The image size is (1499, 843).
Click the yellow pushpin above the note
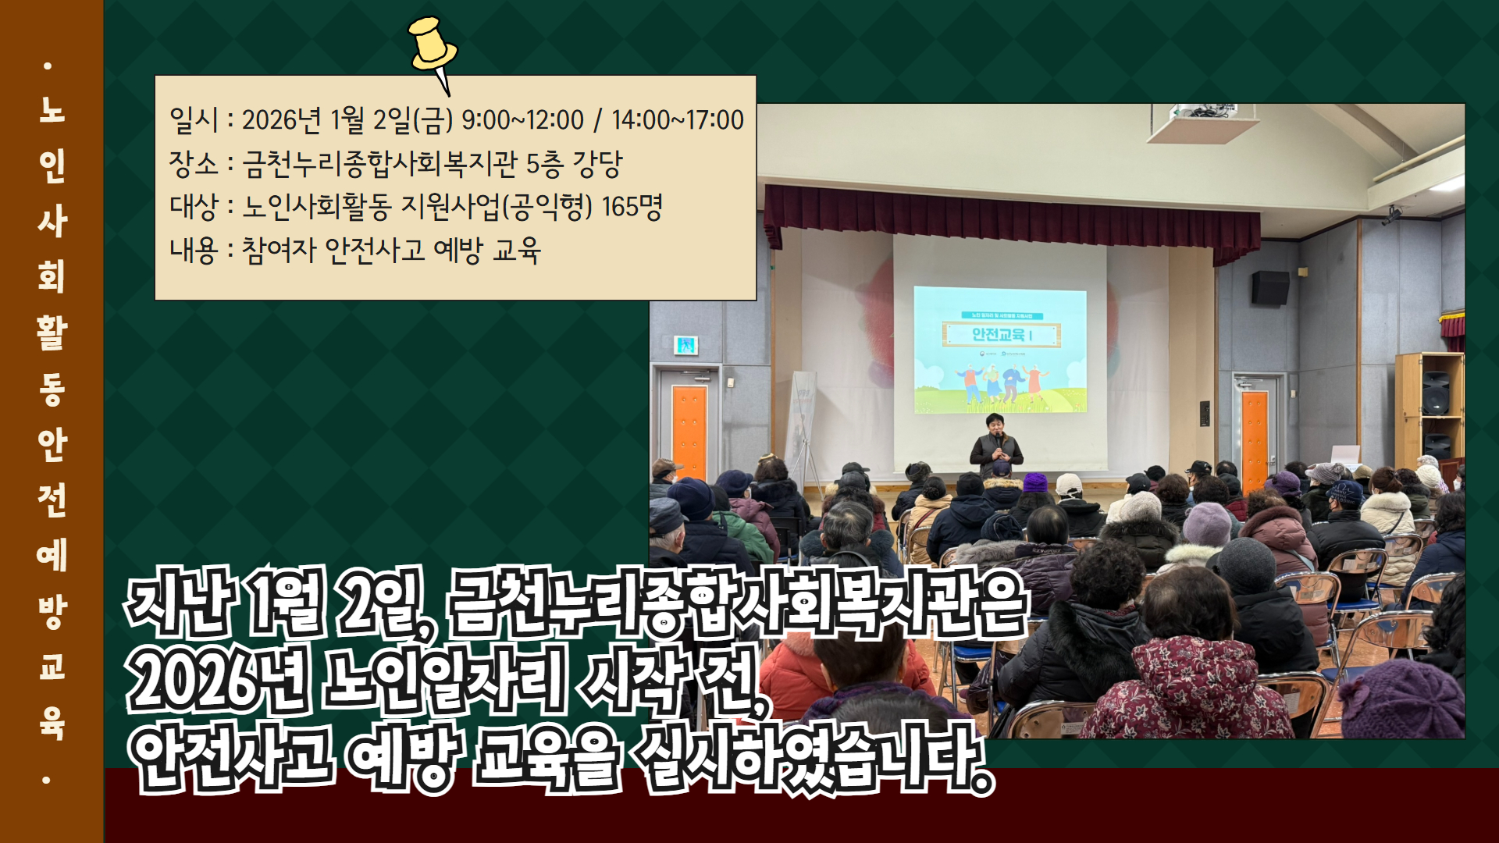(x=432, y=48)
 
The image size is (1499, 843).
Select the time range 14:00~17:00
(x=678, y=120)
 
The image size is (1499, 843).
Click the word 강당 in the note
(x=597, y=164)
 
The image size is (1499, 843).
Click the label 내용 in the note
(x=193, y=251)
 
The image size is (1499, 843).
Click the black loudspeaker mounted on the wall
(x=1270, y=288)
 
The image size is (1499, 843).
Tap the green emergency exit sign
(x=685, y=345)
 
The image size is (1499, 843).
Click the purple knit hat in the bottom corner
(x=1401, y=699)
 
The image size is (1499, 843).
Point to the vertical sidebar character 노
(x=52, y=110)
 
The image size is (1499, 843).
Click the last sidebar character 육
(x=52, y=722)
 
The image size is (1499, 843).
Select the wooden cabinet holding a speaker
(x=1429, y=410)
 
